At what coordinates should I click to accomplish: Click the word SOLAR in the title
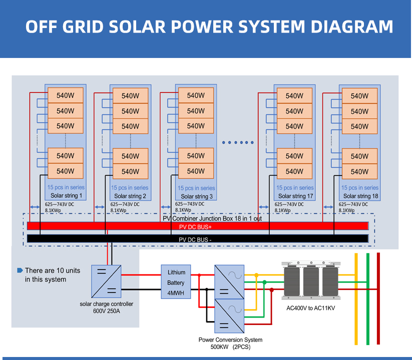[137, 27]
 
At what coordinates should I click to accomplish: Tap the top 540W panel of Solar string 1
[66, 95]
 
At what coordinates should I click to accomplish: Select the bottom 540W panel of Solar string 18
[359, 171]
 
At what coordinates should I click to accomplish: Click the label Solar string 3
[197, 196]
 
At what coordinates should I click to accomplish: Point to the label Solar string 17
[295, 196]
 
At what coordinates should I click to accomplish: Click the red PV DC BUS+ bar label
[195, 227]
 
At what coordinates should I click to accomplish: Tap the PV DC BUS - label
[195, 239]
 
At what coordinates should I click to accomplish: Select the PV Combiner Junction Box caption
[212, 218]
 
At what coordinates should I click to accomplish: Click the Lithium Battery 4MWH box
[176, 282]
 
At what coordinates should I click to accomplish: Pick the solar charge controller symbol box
[106, 281]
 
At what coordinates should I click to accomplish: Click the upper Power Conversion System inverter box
[229, 282]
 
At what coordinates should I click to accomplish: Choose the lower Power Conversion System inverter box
[229, 316]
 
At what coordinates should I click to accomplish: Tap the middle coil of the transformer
[311, 281]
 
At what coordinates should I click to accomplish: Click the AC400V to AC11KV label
[310, 308]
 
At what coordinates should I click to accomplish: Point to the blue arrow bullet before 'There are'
[20, 270]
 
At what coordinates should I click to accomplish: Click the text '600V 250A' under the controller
[107, 311]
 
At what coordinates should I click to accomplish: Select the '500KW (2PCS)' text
[230, 347]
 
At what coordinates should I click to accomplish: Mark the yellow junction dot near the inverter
[256, 275]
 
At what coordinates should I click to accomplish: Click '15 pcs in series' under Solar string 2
[130, 187]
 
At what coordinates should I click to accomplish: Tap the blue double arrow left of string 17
[263, 207]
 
